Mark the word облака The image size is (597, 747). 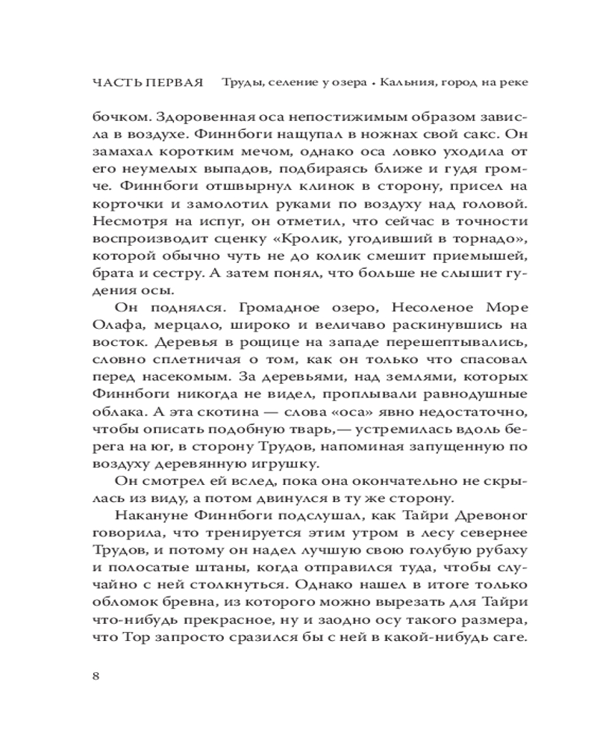(x=116, y=414)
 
